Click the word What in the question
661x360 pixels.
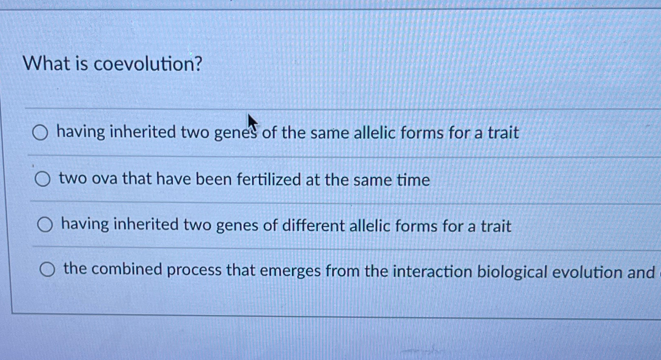pyautogui.click(x=46, y=64)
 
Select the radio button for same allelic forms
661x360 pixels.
pyautogui.click(x=40, y=133)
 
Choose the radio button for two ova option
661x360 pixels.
pyautogui.click(x=42, y=179)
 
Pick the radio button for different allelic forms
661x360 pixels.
pyautogui.click(x=45, y=225)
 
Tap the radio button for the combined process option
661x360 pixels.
pyautogui.click(x=47, y=269)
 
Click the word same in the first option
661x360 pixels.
pyautogui.click(x=329, y=133)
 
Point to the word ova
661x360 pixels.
pyautogui.click(x=104, y=179)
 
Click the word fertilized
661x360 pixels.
pyautogui.click(x=269, y=180)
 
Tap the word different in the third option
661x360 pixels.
pyautogui.click(x=313, y=226)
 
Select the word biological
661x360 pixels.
pyautogui.click(x=512, y=272)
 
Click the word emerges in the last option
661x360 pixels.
pyautogui.click(x=290, y=271)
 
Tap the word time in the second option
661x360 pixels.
pyautogui.click(x=413, y=180)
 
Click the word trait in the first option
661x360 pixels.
pyautogui.click(x=503, y=133)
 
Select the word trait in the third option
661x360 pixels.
pyautogui.click(x=496, y=226)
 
